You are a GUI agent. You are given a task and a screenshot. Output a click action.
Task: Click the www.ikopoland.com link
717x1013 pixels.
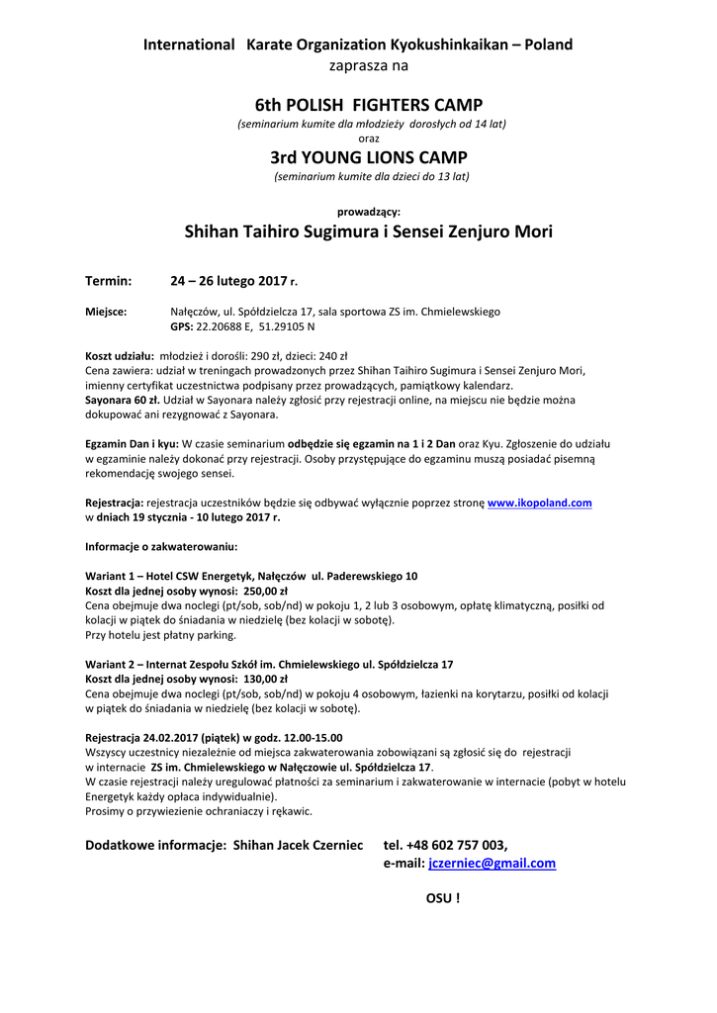pyautogui.click(x=539, y=503)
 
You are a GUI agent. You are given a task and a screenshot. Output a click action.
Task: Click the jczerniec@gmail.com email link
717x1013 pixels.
pyautogui.click(x=492, y=863)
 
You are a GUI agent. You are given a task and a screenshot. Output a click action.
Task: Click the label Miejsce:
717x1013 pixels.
pyautogui.click(x=106, y=312)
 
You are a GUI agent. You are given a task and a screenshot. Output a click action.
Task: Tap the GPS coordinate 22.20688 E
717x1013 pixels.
pyautogui.click(x=225, y=325)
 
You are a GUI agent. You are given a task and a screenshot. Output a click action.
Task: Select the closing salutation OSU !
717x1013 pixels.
pyautogui.click(x=442, y=898)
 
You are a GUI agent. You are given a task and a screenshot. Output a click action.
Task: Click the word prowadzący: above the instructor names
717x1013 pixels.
pyautogui.click(x=368, y=211)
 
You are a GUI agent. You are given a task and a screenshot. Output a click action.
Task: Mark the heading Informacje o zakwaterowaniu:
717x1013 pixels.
pyautogui.click(x=160, y=546)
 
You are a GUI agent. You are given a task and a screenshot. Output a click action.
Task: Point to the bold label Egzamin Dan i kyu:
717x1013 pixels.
pyautogui.click(x=132, y=444)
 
